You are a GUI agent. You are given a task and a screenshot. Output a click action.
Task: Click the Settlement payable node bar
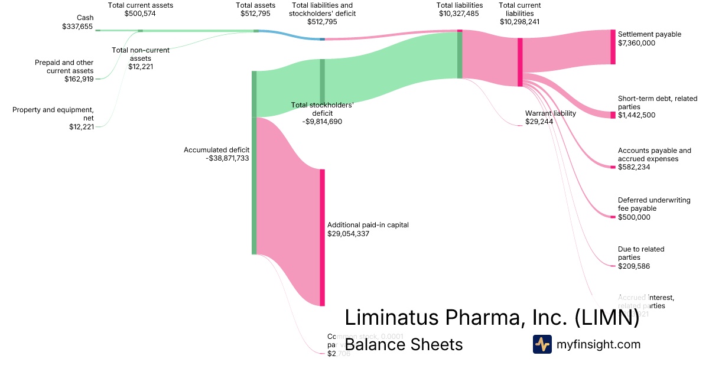pyautogui.click(x=613, y=47)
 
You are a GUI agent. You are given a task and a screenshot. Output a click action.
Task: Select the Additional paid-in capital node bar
pyautogui.click(x=322, y=237)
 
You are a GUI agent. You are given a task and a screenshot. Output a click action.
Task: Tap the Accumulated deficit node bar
pyautogui.click(x=254, y=162)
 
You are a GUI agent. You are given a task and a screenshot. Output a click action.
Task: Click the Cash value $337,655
pyautogui.click(x=77, y=27)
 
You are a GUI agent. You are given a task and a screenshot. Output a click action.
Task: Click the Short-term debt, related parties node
pyautogui.click(x=613, y=115)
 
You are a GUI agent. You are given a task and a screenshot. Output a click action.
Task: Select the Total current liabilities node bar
pyautogui.click(x=520, y=62)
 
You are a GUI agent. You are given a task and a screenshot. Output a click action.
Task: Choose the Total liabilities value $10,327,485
pyautogui.click(x=459, y=14)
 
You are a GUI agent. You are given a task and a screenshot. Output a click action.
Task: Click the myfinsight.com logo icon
pyautogui.click(x=542, y=344)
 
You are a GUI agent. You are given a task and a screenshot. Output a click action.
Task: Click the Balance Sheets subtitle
pyautogui.click(x=404, y=344)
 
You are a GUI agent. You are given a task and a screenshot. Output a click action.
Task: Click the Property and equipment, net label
pyautogui.click(x=53, y=113)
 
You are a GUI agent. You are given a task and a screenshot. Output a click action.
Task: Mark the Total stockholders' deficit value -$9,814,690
pyautogui.click(x=322, y=122)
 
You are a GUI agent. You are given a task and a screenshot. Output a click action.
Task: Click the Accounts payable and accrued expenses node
pyautogui.click(x=613, y=168)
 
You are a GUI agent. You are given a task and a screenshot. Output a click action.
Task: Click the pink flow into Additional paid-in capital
pyautogui.click(x=290, y=207)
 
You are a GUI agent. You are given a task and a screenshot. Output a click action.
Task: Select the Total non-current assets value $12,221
pyautogui.click(x=141, y=67)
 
